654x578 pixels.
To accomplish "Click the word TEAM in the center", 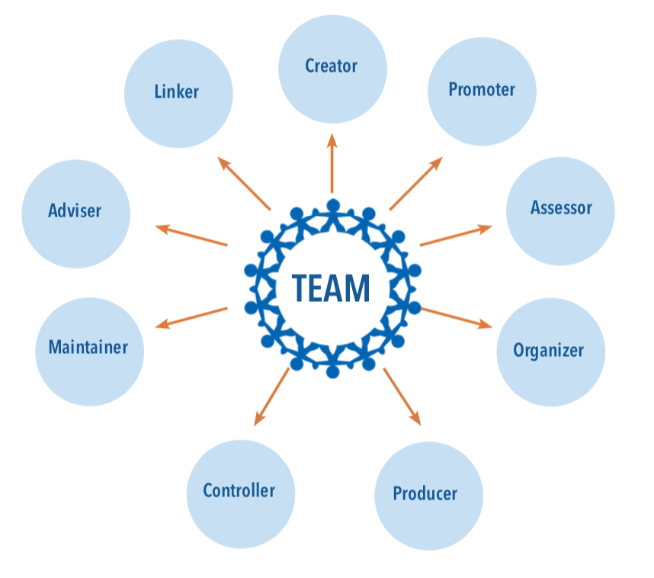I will click(332, 288).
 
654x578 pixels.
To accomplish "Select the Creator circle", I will click(332, 67).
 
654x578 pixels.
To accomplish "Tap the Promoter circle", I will click(482, 91).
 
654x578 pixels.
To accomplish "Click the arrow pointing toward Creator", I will click(332, 163).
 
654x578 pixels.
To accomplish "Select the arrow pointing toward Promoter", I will click(416, 184).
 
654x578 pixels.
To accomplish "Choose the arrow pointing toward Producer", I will click(402, 396).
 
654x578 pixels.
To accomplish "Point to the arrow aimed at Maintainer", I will click(191, 317).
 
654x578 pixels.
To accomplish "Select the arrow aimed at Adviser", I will click(191, 236).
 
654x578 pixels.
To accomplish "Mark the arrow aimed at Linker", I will click(244, 184).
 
